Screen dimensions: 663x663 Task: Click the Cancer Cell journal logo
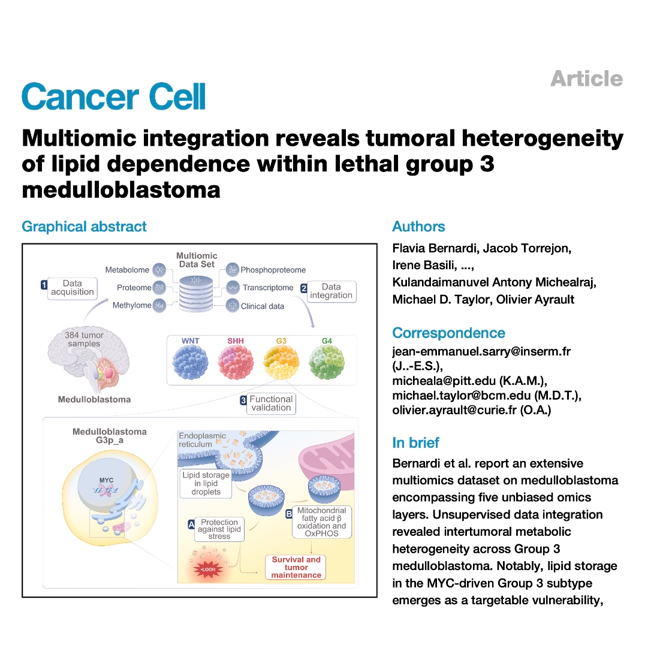pyautogui.click(x=113, y=97)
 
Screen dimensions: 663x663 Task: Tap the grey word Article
pyautogui.click(x=586, y=79)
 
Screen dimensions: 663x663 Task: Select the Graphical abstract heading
pyautogui.click(x=84, y=227)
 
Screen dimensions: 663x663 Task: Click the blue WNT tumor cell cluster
pyautogui.click(x=190, y=361)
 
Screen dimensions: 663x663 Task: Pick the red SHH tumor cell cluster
pyautogui.click(x=236, y=361)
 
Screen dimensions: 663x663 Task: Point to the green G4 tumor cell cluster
pyautogui.click(x=327, y=361)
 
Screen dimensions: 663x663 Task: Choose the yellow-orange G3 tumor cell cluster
pyautogui.click(x=281, y=361)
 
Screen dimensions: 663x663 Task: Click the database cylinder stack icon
pyautogui.click(x=196, y=294)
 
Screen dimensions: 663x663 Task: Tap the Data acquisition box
pyautogui.click(x=73, y=288)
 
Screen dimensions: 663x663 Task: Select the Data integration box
pyautogui.click(x=332, y=291)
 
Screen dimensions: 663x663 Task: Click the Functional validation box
pyautogui.click(x=271, y=403)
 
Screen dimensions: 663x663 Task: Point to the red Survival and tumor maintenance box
pyautogui.click(x=296, y=567)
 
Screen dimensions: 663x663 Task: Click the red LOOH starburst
pyautogui.click(x=207, y=569)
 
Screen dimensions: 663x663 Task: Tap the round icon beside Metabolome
pyautogui.click(x=159, y=269)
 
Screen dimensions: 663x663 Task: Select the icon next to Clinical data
pyautogui.click(x=233, y=305)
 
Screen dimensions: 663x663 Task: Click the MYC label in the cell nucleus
pyautogui.click(x=106, y=480)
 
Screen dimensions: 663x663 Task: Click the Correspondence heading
pyautogui.click(x=448, y=333)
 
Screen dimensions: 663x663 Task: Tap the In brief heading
pyautogui.click(x=415, y=443)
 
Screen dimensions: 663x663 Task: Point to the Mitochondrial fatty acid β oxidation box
pyautogui.click(x=322, y=522)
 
